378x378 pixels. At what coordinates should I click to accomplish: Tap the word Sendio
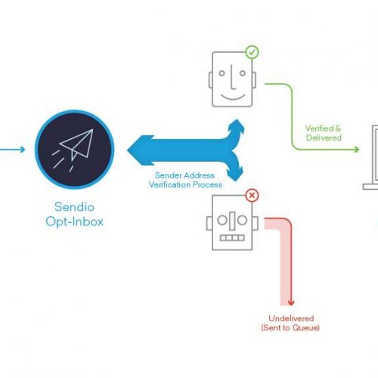pos(74,207)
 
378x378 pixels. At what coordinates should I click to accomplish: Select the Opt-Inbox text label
pos(75,222)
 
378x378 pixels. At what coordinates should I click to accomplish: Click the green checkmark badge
pos(252,52)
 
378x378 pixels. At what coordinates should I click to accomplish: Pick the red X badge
pos(252,195)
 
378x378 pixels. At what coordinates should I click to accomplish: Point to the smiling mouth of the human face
pos(233,97)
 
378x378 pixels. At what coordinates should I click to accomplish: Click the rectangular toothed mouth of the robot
pos(232,238)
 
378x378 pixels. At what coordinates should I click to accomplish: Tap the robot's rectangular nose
pos(232,221)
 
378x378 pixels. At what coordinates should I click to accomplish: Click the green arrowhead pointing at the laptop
pos(356,150)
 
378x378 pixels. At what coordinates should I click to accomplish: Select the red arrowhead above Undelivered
pos(291,302)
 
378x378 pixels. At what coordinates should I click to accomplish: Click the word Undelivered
pos(291,318)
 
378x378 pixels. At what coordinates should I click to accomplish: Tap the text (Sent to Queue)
pos(290,328)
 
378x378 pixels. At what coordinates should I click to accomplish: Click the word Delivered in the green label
pos(324,138)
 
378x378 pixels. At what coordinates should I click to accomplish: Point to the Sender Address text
pos(184,175)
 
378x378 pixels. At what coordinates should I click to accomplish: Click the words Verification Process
pos(185,184)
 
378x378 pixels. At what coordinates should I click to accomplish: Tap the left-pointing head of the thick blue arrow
pos(140,150)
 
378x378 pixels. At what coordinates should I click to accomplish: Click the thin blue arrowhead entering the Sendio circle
pos(23,150)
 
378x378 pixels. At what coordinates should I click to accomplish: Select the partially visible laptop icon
pos(370,157)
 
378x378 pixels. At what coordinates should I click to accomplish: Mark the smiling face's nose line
pos(232,78)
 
